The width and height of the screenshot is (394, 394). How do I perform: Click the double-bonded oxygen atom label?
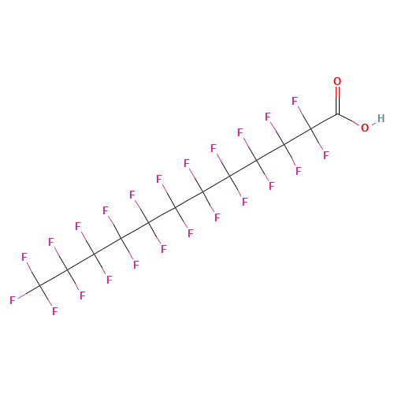click(x=337, y=81)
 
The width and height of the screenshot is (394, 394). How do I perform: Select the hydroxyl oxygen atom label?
click(x=365, y=128)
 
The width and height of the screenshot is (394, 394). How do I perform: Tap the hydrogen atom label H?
click(x=381, y=118)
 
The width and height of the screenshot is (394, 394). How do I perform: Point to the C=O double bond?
click(x=337, y=100)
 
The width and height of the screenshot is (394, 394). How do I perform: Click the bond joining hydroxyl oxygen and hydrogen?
click(x=374, y=123)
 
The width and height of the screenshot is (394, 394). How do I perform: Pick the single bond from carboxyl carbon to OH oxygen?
click(x=348, y=120)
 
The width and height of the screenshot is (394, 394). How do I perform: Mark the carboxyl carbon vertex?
click(x=337, y=114)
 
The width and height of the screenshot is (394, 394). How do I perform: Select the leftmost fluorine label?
click(x=13, y=300)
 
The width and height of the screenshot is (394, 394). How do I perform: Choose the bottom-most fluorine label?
click(x=54, y=311)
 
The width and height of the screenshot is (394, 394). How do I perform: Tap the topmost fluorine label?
click(x=295, y=101)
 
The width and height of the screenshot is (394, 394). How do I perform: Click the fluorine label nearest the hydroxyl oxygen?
click(x=326, y=155)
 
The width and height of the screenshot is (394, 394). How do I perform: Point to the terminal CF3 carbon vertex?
click(x=39, y=285)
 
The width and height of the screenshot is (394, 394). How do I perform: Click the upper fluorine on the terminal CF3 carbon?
click(x=24, y=257)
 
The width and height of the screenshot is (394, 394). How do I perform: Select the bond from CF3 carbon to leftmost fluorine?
click(x=28, y=292)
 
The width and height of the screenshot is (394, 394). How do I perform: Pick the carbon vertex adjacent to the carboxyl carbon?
click(x=310, y=129)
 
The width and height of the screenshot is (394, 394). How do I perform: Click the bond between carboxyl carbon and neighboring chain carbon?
click(x=324, y=121)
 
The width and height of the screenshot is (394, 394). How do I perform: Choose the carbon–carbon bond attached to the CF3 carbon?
click(x=54, y=277)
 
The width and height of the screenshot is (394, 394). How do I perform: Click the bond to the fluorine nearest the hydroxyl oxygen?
click(x=317, y=139)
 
